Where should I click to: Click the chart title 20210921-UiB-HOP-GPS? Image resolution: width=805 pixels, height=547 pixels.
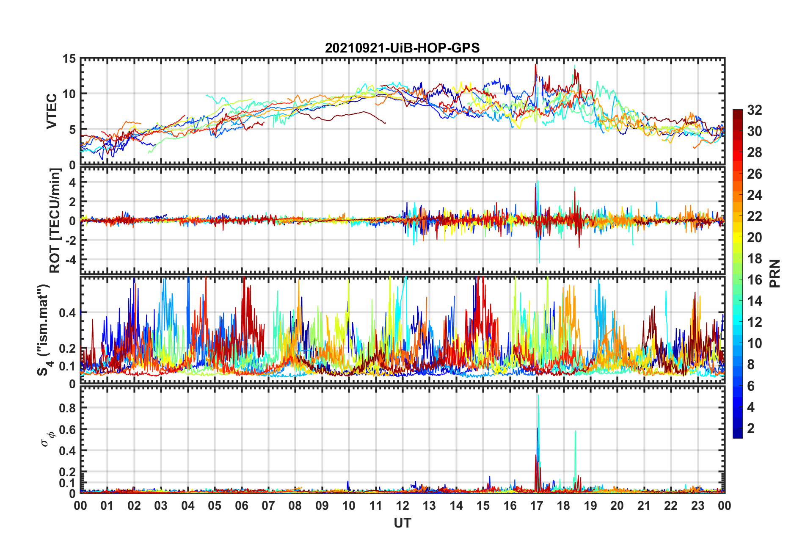[x=402, y=48]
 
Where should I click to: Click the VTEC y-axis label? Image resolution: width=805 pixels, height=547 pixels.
[x=52, y=111]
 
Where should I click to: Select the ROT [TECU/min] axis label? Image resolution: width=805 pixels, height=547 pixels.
[x=55, y=221]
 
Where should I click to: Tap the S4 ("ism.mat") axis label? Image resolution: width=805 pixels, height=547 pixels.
[x=44, y=330]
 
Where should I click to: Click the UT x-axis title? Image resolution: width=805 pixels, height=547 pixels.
[x=402, y=523]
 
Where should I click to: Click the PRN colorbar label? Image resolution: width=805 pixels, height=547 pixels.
[x=775, y=273]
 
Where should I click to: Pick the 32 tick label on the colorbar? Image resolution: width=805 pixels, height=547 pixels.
[x=755, y=110]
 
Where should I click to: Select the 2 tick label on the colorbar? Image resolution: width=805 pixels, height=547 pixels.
[x=751, y=428]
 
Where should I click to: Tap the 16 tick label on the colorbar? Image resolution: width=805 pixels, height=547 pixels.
[x=755, y=280]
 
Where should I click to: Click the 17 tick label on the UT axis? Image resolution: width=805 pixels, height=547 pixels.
[x=537, y=506]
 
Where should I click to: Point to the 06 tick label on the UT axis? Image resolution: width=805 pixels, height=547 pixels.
[x=242, y=506]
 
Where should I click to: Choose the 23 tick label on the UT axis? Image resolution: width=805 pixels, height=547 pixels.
[x=697, y=506]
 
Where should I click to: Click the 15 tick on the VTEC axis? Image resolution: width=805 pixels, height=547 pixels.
[x=69, y=59]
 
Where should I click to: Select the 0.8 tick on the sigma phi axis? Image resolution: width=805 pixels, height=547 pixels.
[x=68, y=408]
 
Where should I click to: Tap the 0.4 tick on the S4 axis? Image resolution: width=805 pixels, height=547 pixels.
[x=68, y=313]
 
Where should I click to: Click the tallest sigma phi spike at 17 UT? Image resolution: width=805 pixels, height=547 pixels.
[x=538, y=396]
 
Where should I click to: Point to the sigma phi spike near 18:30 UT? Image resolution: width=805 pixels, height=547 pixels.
[x=575, y=432]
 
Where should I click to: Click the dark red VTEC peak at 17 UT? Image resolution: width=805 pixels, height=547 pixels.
[x=535, y=65]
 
